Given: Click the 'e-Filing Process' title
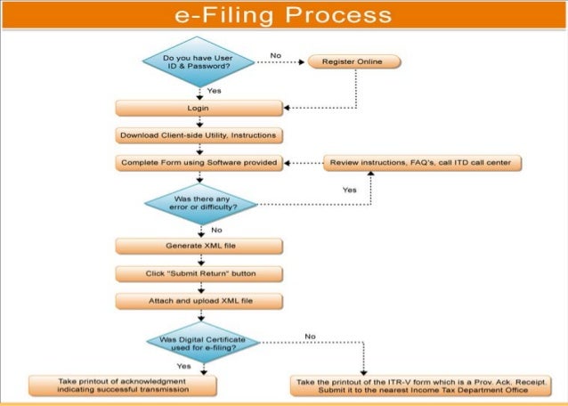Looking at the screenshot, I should (x=283, y=15).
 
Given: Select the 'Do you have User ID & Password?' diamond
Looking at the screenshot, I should (x=199, y=61).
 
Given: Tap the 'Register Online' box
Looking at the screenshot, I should (x=353, y=62).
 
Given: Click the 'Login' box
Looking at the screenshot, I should (x=199, y=108).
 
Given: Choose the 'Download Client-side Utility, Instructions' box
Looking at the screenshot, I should (x=199, y=135).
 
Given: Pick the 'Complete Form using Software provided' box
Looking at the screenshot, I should (x=199, y=163).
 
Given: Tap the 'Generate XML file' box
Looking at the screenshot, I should (x=199, y=245).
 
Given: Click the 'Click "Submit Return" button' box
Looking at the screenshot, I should (x=199, y=272).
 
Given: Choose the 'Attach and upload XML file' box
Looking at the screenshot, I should (x=199, y=301).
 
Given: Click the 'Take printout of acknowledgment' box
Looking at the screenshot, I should (x=123, y=385).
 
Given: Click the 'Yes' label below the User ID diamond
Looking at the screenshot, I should (x=214, y=91).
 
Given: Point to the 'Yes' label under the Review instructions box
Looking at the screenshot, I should (x=349, y=189).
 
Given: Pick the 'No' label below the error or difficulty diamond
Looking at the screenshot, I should (x=216, y=230).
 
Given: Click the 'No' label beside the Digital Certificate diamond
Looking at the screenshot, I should (x=310, y=336).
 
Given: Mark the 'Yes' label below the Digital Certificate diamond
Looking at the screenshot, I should (x=183, y=366).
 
